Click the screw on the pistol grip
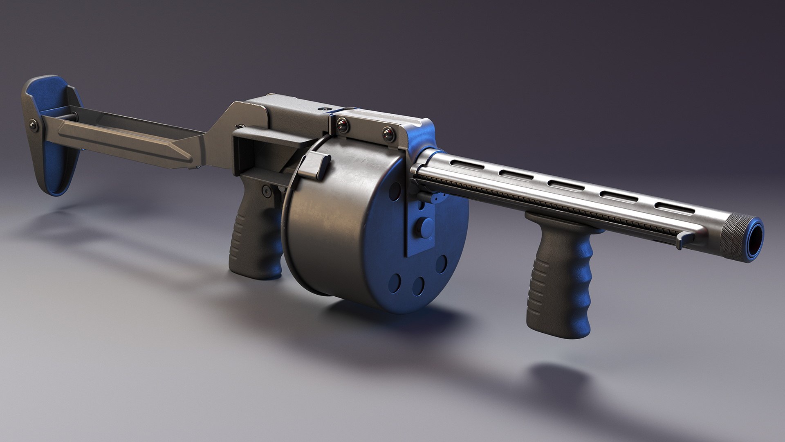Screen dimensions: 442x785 (x=267, y=190)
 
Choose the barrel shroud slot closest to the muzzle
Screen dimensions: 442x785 (x=674, y=208)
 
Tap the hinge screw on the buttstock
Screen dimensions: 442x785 (x=33, y=124)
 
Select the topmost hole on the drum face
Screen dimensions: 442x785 (x=396, y=191)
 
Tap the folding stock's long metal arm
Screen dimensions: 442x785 (x=123, y=137)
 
